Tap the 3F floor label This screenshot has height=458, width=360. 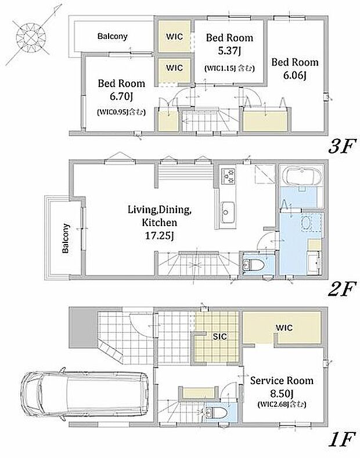pos(342,146)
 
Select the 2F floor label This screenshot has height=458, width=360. pos(342,289)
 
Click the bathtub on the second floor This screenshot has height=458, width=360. pos(304,176)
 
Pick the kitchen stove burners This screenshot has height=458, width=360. pos(228,176)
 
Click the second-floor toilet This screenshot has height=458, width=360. pos(253,265)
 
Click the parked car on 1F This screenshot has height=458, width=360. pos(85,394)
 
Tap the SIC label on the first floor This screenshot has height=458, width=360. pos(219,337)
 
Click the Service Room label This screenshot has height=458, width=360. pos(282,380)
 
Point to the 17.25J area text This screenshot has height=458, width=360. pos(160,235)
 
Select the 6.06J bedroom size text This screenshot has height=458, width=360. pos(294,76)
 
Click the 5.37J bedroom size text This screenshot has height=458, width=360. pos(229,51)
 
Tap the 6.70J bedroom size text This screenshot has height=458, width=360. pos(121,96)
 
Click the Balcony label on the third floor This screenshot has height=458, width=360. pos(113,36)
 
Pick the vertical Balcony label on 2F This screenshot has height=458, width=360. pos(66,238)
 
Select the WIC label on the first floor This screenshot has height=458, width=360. pos(284,327)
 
